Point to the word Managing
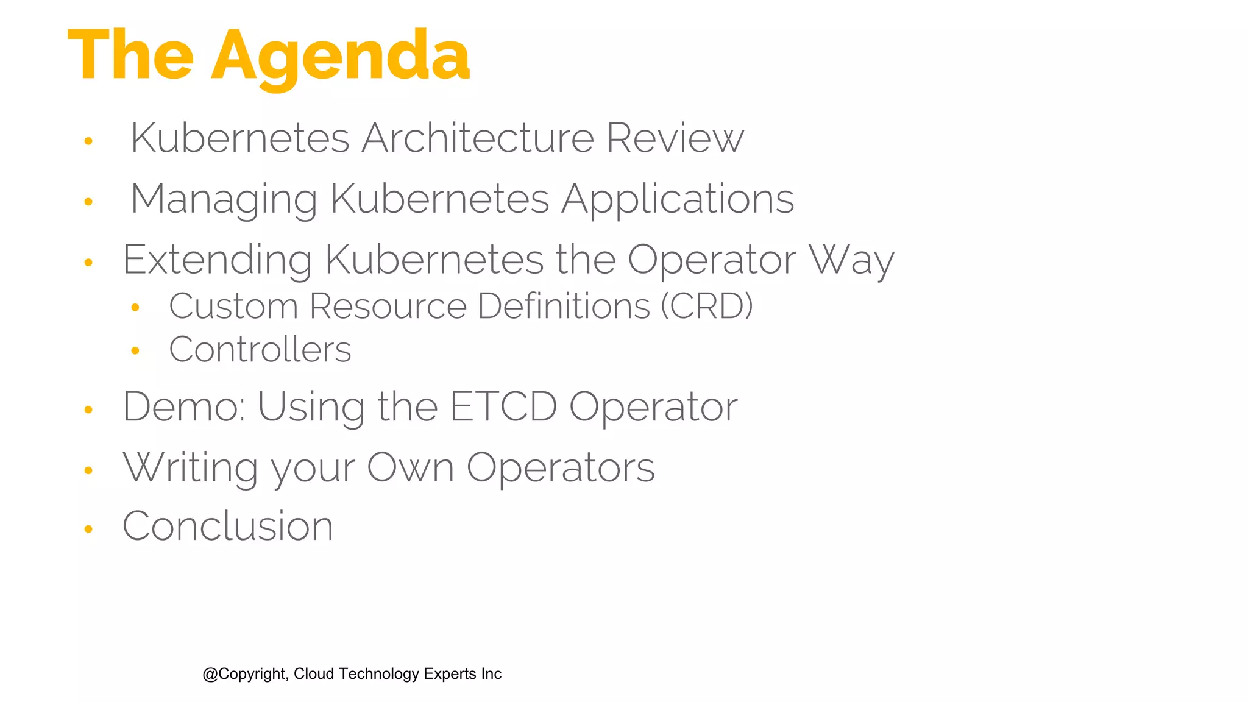[x=224, y=200]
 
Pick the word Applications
[x=678, y=200]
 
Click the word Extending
[x=218, y=261]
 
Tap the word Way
[x=851, y=261]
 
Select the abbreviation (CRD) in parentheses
[x=707, y=306]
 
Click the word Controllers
[x=260, y=350]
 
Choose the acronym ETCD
[x=503, y=406]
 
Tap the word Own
[x=410, y=468]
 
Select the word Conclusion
[x=228, y=526]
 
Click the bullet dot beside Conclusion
[x=88, y=529]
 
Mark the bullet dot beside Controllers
[x=135, y=350]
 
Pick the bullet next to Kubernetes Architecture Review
[x=88, y=141]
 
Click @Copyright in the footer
[x=244, y=674]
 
